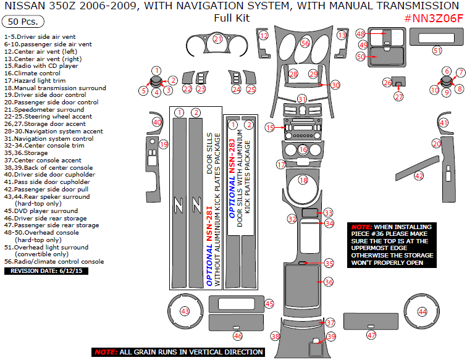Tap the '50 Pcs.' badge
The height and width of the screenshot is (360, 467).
23,22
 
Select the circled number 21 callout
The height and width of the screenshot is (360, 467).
217,39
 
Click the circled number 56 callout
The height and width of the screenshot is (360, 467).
305,43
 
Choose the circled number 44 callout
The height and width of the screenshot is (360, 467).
423,312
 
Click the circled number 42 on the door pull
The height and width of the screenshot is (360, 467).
419,176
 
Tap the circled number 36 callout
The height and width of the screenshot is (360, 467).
329,282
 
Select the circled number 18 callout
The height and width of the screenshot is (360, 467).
303,180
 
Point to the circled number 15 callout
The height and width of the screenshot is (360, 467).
269,127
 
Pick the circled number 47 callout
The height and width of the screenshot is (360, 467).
371,335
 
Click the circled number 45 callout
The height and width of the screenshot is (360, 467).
269,303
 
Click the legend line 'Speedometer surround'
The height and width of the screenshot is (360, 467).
40,109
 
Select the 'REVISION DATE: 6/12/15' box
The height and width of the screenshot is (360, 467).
39,270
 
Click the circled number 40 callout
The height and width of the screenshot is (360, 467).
157,122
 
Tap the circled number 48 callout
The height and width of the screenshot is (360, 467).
361,33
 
